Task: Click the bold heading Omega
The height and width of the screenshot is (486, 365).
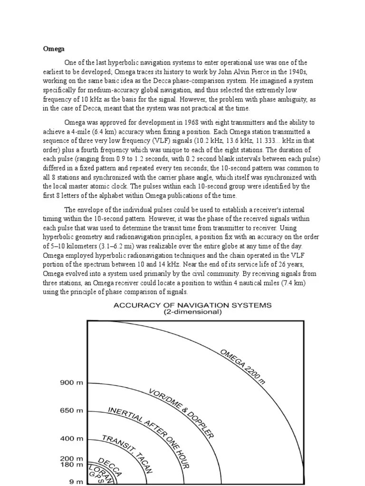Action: coord(54,48)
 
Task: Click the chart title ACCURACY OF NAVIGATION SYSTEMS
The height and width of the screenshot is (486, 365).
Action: coord(192,306)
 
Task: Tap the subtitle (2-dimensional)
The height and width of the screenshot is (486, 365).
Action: coord(192,312)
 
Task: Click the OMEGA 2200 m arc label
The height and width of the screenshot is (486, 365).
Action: coord(242,366)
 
